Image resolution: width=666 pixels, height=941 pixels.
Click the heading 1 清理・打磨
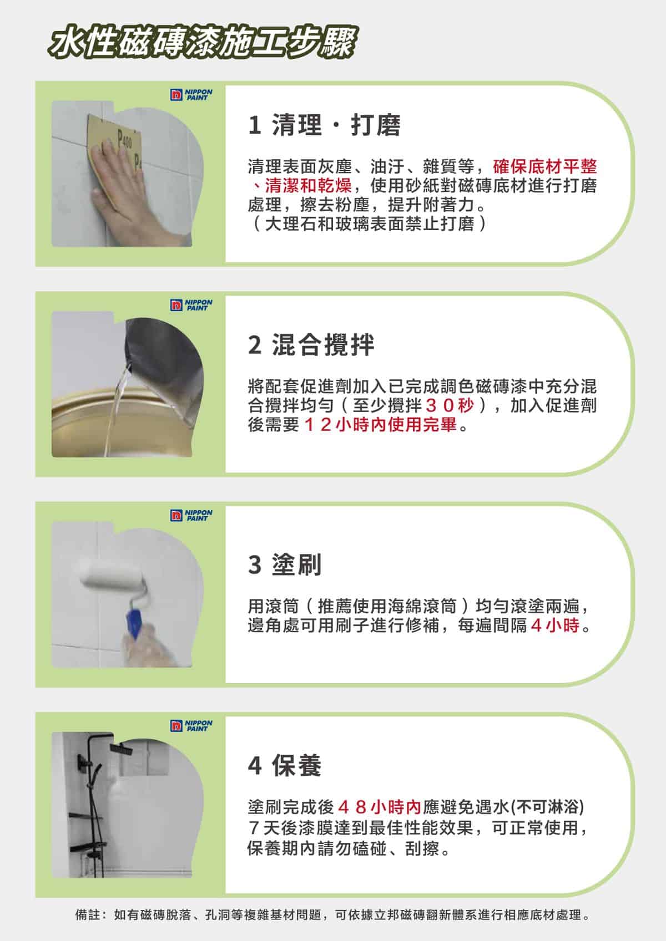(x=324, y=125)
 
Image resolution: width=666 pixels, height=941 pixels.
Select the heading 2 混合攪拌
(x=311, y=345)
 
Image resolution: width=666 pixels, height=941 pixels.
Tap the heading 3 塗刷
(x=285, y=564)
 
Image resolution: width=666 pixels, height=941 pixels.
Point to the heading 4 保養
(x=285, y=765)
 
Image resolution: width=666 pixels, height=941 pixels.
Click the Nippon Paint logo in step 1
(x=191, y=94)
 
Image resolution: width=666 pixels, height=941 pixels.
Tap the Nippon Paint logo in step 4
(x=191, y=725)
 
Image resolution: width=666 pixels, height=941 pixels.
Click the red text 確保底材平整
(x=545, y=167)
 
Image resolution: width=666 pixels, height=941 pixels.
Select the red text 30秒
(x=450, y=405)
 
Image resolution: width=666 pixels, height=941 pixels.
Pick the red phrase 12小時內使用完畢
(x=380, y=425)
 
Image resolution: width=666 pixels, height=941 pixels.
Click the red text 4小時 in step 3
(x=555, y=625)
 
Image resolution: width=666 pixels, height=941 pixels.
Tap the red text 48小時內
(x=379, y=807)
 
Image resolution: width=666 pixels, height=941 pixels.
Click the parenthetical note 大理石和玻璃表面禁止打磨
(x=370, y=223)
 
